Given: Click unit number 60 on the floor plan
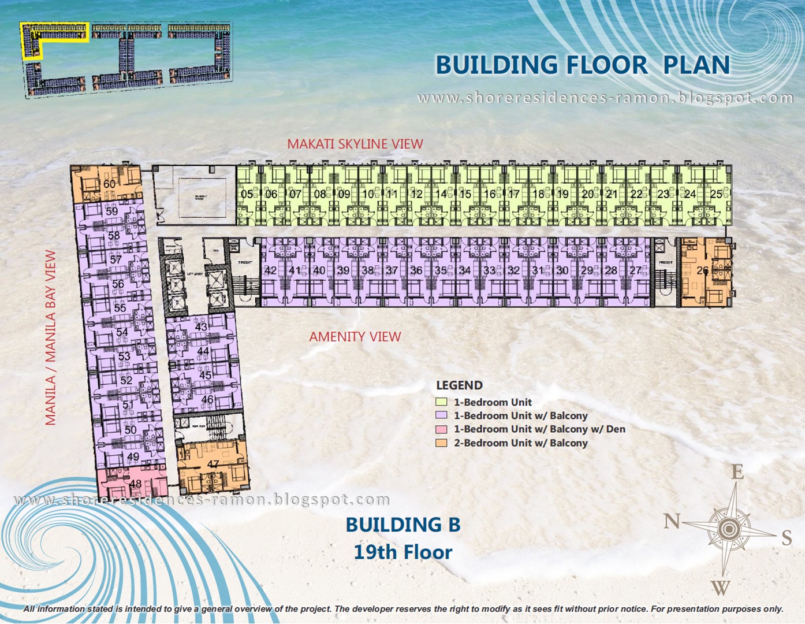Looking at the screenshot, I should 109,184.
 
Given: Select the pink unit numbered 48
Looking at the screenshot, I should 135,484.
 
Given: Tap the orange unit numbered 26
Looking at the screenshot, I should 702,270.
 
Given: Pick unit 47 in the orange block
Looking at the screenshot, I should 213,464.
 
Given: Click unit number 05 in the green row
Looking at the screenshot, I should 247,194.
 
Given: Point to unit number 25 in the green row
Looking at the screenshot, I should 716,194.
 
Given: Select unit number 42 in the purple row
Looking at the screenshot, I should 270,270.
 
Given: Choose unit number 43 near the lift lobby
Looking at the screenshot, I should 201,326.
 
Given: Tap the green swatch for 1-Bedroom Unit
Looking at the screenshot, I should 441,402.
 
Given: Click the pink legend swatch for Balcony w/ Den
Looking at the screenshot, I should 441,429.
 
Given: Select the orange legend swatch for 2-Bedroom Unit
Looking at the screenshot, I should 441,443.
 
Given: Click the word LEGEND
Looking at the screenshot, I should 459,385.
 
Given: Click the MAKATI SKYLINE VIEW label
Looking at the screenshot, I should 355,144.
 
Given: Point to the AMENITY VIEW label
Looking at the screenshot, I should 355,337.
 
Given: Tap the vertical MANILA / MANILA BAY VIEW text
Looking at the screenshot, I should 51,338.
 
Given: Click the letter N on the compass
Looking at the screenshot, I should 672,522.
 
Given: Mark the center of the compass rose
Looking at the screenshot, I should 729,529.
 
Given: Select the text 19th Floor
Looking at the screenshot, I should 402,552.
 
